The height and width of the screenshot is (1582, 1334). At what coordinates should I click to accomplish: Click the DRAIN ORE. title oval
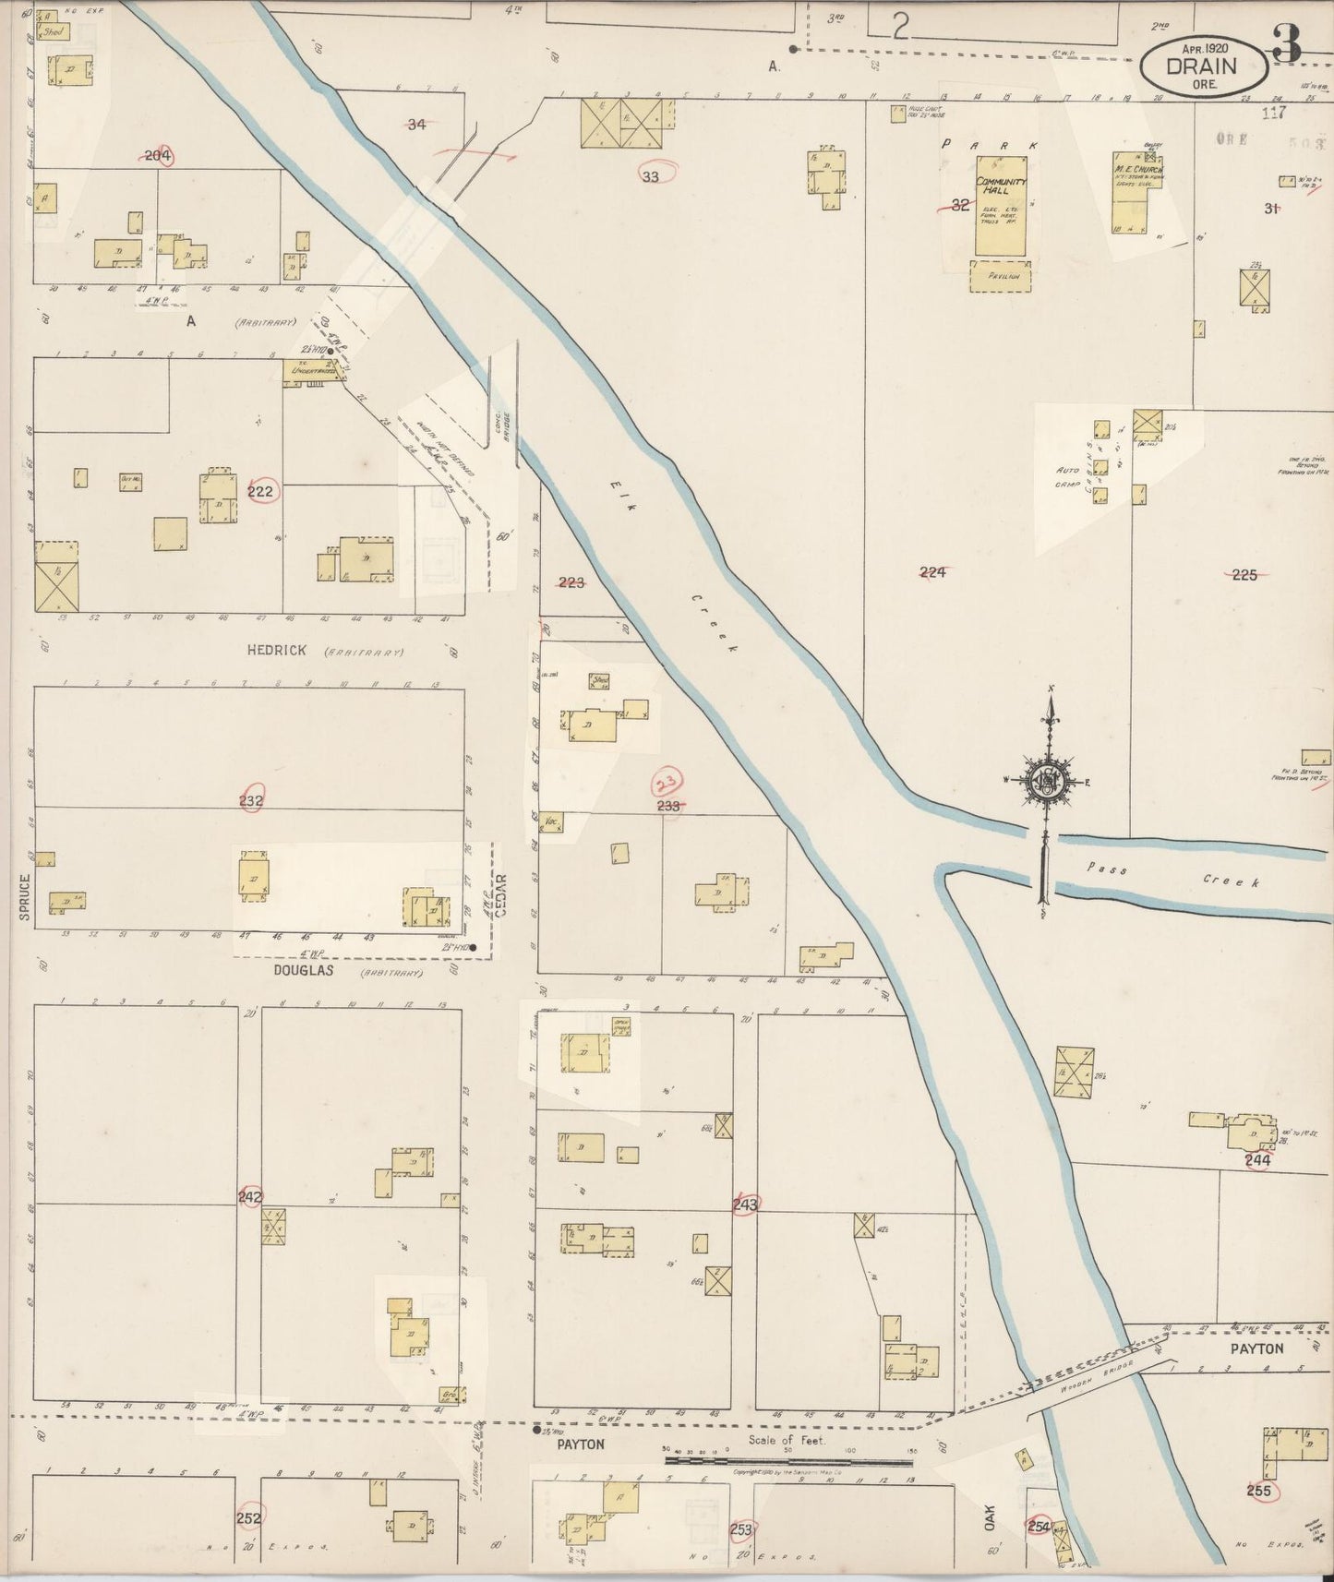point(1202,66)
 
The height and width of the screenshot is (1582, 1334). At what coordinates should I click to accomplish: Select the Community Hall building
point(1001,205)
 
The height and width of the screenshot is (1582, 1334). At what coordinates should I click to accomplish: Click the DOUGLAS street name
point(303,972)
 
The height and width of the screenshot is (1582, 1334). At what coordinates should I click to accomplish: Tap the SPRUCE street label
point(25,895)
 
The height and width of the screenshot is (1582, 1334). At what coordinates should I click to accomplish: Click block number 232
point(251,800)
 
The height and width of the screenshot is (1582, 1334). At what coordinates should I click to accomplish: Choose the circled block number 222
point(260,491)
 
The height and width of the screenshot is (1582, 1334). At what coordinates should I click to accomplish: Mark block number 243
point(745,1204)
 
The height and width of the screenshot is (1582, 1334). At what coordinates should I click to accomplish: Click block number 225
point(1244,574)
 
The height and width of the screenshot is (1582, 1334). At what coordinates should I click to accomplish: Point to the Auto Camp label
point(1067,476)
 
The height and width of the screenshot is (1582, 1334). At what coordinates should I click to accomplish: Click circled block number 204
point(159,156)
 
